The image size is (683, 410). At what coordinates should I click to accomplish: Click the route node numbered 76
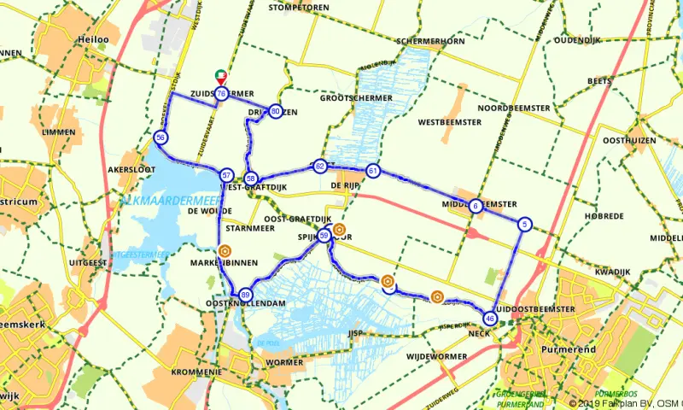[221, 93]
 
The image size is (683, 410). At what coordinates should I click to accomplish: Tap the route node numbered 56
[161, 138]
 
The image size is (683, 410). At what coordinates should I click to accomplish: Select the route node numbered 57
[226, 174]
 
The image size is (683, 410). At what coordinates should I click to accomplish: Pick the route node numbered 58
[250, 178]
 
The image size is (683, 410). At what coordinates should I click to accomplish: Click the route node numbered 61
[372, 171]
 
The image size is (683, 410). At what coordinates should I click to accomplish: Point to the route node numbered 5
[525, 225]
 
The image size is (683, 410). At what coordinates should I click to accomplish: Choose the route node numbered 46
[489, 318]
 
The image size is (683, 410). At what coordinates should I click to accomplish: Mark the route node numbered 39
[324, 237]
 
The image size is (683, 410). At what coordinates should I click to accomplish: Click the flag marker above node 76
[220, 77]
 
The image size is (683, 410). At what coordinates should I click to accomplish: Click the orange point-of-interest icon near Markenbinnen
[225, 251]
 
